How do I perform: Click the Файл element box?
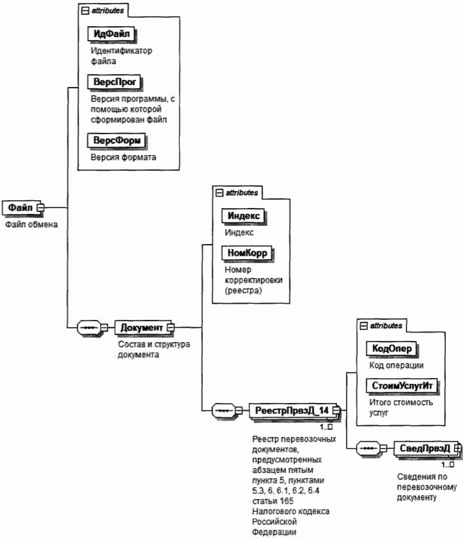point(19,207)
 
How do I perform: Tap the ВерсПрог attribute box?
point(114,82)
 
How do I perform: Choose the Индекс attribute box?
point(244,216)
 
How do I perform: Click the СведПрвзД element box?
point(425,448)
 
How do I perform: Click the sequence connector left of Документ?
point(90,326)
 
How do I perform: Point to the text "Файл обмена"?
point(32,225)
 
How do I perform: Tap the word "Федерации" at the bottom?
point(274,531)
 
